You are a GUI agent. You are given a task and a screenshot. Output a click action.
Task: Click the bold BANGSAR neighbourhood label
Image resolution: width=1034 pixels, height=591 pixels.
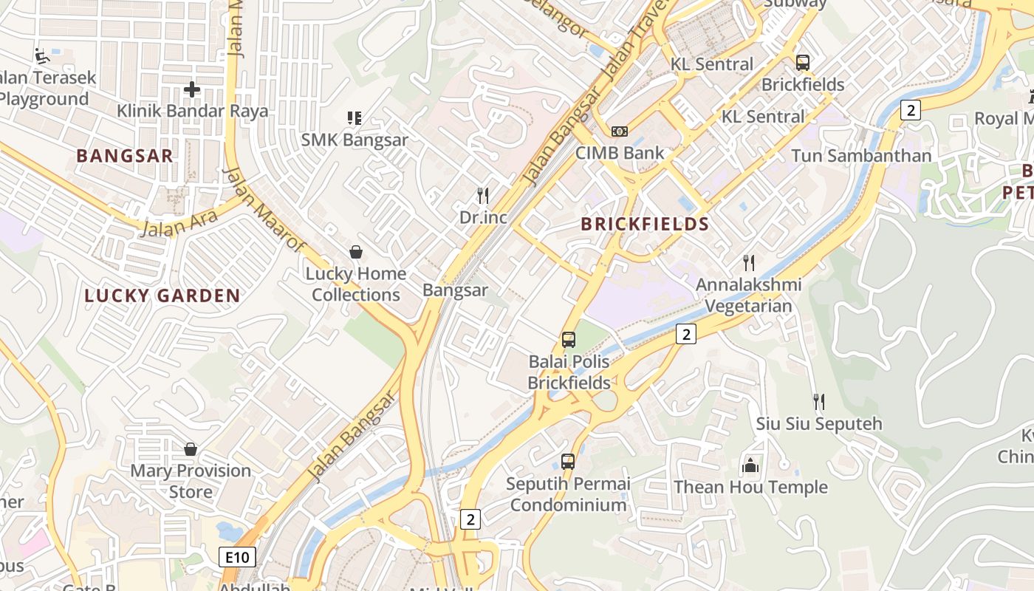click(x=125, y=156)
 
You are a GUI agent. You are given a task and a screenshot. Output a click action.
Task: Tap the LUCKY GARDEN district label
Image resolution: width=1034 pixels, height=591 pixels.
click(x=162, y=296)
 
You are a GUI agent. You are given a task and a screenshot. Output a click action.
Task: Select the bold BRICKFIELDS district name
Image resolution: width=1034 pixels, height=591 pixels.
click(x=645, y=225)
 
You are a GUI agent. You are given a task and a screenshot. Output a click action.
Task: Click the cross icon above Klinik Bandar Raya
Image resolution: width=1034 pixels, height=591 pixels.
click(x=192, y=90)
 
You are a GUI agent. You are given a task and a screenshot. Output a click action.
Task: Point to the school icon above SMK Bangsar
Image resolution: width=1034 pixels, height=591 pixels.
click(x=355, y=118)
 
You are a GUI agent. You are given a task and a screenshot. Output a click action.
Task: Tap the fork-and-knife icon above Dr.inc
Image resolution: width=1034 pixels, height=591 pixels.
click(x=483, y=196)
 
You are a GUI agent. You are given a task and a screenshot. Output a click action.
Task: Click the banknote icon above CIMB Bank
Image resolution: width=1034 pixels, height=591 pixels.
click(x=620, y=131)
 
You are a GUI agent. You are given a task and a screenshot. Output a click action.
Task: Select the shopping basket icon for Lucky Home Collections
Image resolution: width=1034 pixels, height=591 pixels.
click(x=356, y=253)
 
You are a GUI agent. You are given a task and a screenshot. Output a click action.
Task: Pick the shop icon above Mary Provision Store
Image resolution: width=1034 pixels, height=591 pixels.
click(x=191, y=449)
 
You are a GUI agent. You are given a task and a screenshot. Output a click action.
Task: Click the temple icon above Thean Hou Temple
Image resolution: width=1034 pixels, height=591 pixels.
click(x=750, y=465)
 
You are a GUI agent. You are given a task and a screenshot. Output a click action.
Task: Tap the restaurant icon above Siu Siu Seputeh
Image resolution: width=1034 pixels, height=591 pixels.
click(x=818, y=402)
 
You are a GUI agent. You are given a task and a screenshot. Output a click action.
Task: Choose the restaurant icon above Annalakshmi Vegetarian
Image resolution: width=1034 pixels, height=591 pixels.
click(x=749, y=262)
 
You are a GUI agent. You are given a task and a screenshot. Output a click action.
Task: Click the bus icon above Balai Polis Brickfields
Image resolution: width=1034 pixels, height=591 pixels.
click(x=569, y=340)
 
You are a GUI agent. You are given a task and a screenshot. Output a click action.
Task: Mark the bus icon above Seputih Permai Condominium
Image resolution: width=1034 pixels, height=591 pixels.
click(x=568, y=462)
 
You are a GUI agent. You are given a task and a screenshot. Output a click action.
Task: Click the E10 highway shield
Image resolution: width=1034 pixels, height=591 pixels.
click(x=237, y=557)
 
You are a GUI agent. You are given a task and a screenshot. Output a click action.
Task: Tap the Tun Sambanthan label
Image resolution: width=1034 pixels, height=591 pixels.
click(x=861, y=156)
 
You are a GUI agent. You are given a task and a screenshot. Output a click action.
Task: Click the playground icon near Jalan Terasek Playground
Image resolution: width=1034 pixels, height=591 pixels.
click(x=41, y=55)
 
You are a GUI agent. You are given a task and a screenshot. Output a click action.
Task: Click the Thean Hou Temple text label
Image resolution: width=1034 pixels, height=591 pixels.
click(x=750, y=488)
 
